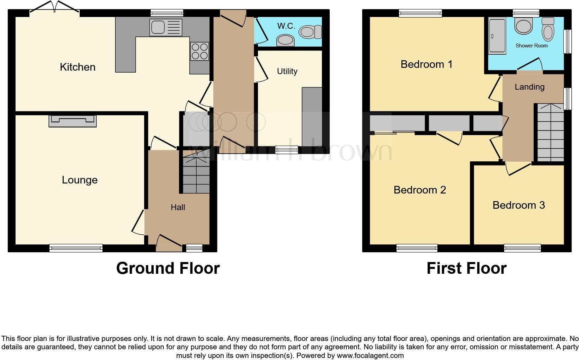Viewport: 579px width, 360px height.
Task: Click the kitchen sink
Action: click(166, 27)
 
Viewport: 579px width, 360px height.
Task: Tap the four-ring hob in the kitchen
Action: click(199, 51)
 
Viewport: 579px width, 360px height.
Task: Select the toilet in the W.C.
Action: click(310, 32)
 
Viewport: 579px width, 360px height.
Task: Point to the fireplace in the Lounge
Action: click(72, 121)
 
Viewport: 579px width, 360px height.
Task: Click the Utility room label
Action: click(287, 71)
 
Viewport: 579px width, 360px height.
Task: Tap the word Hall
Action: click(178, 207)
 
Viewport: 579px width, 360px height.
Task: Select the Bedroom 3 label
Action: click(518, 205)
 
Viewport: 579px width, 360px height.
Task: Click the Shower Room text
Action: click(531, 46)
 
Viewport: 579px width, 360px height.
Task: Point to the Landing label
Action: click(529, 87)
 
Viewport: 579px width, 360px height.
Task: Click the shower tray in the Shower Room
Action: click(497, 36)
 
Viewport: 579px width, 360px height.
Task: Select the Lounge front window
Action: click(76, 248)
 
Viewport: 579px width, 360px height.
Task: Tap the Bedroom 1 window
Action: click(420, 13)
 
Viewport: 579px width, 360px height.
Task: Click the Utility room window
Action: click(286, 150)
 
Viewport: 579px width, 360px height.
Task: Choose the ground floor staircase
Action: click(196, 175)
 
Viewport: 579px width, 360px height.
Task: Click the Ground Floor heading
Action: click(168, 268)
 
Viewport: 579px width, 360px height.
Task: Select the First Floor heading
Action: click(466, 268)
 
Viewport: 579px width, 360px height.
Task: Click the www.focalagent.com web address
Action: click(370, 355)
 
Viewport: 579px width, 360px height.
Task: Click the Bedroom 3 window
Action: click(522, 248)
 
